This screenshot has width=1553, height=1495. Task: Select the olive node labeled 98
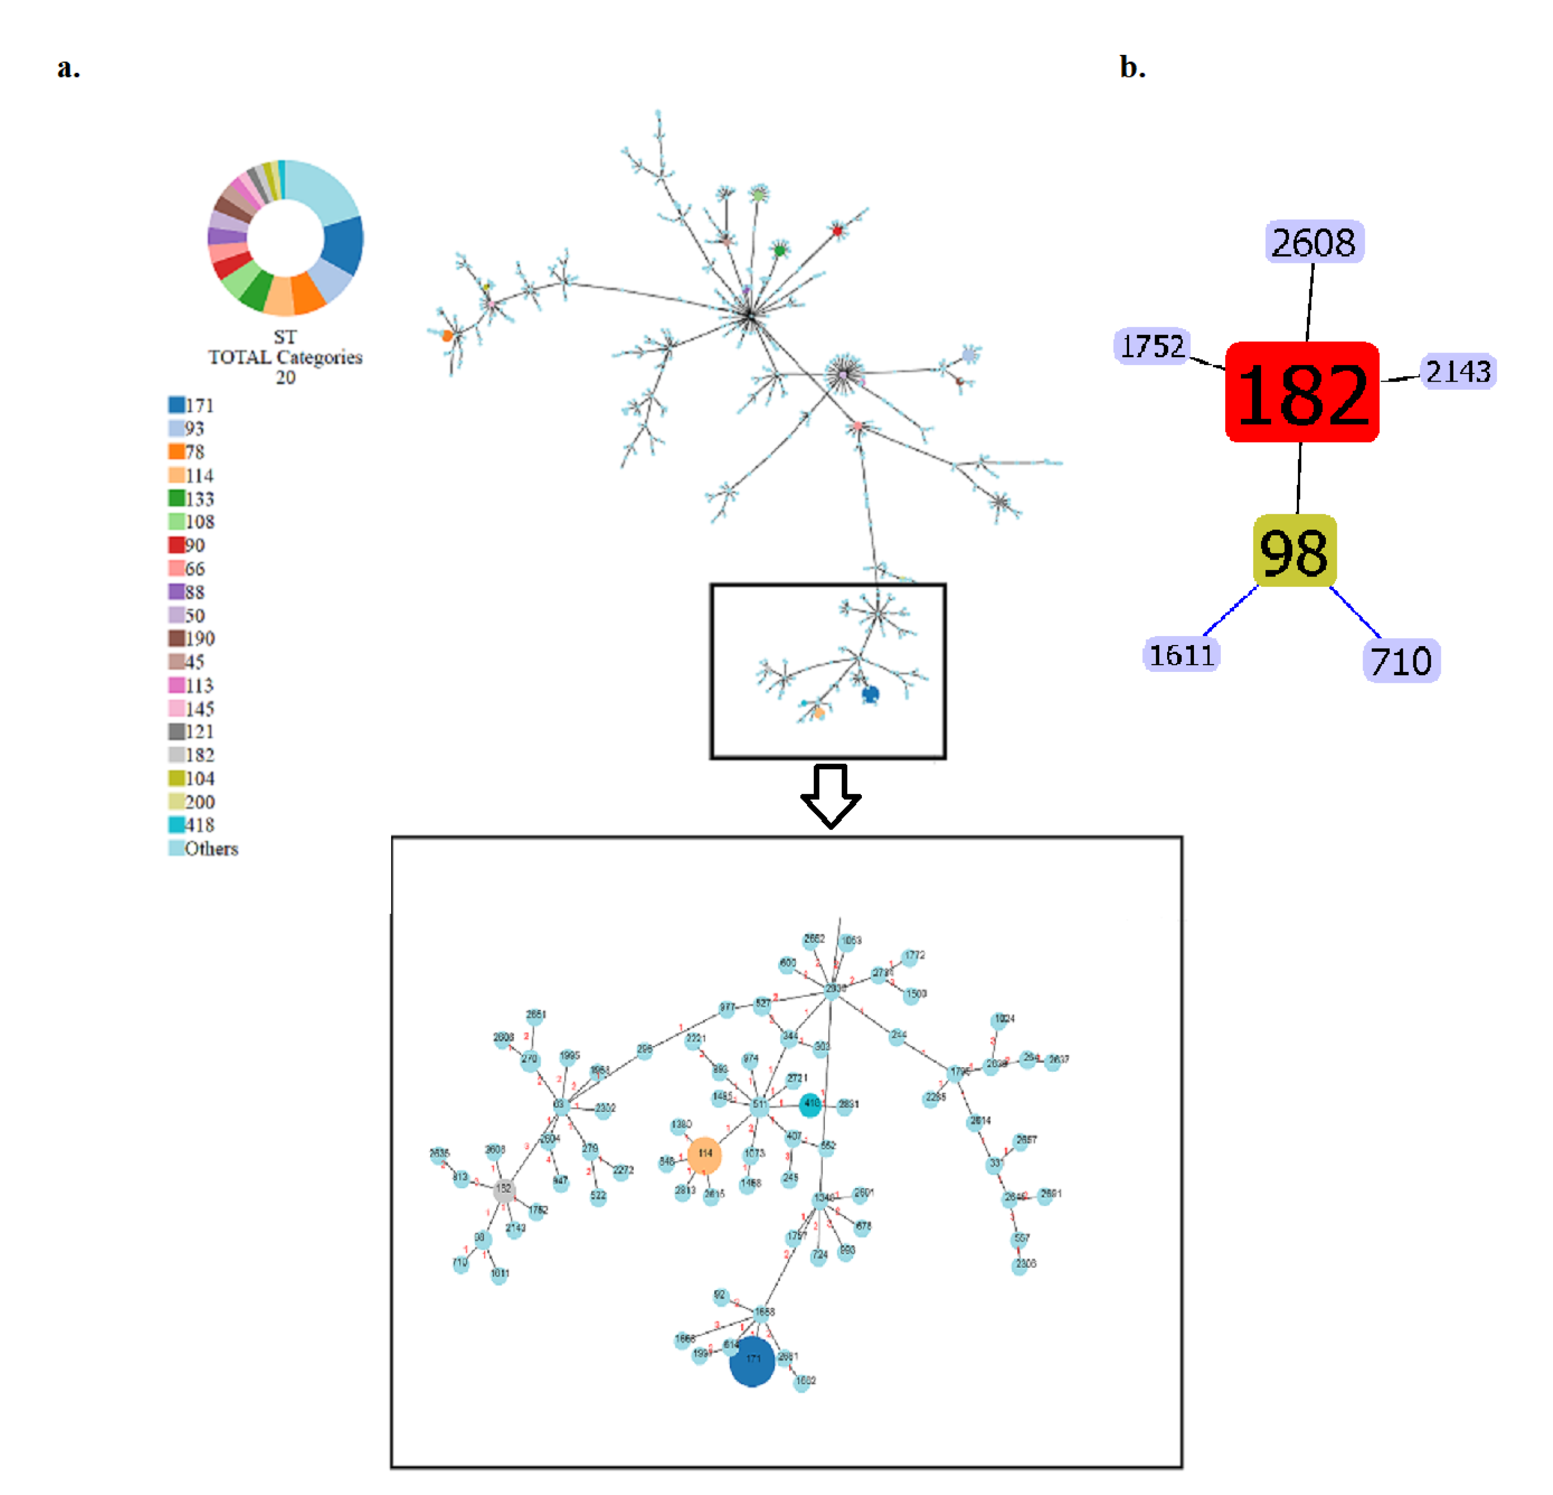click(x=1294, y=551)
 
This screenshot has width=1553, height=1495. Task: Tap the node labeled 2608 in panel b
click(x=1314, y=242)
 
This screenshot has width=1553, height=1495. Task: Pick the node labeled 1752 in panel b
click(x=1152, y=346)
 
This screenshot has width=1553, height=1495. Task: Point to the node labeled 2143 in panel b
click(x=1458, y=371)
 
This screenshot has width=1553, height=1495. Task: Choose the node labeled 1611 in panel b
click(x=1181, y=655)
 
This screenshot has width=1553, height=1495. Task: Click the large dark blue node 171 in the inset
click(x=752, y=1360)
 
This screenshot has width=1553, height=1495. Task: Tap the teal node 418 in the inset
click(x=810, y=1103)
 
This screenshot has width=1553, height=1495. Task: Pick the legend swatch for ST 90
click(x=176, y=545)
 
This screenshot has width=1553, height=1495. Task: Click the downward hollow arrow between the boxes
click(x=830, y=795)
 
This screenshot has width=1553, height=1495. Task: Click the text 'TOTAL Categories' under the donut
click(x=285, y=357)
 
